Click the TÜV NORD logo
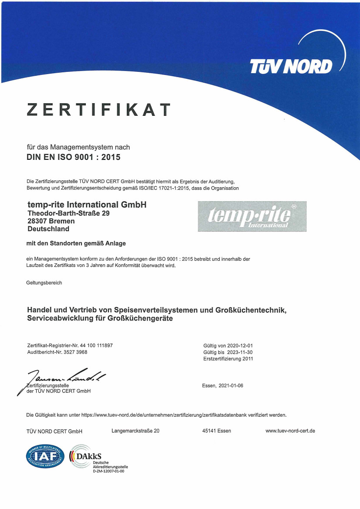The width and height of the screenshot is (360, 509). click(291, 66)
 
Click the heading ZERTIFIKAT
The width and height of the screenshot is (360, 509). click(98, 110)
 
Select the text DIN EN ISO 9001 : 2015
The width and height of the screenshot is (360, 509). click(74, 157)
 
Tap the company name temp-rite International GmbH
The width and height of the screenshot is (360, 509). click(87, 205)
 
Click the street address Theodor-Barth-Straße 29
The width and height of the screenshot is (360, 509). click(68, 213)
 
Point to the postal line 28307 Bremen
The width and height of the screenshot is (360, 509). click(51, 221)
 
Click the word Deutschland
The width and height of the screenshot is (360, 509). click(48, 229)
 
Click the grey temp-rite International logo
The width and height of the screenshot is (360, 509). click(252, 216)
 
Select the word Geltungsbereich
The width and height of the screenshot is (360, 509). click(44, 283)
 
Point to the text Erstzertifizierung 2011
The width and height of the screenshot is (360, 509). click(228, 359)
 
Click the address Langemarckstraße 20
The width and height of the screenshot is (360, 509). click(136, 431)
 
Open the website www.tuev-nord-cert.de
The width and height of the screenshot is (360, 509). click(290, 431)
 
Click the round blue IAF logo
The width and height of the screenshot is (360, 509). click(45, 456)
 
